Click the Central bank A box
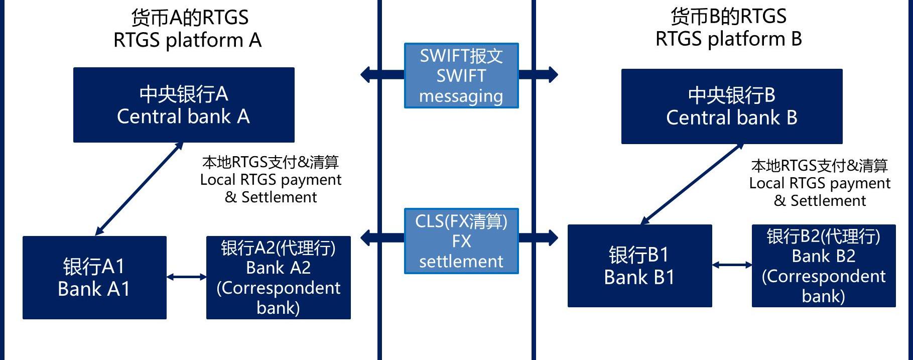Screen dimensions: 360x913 184,105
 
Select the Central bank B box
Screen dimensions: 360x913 731,106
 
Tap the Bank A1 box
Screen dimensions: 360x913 94,277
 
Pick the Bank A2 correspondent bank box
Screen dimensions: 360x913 278,277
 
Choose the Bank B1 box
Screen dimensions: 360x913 639,266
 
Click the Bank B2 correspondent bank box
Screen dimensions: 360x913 823,266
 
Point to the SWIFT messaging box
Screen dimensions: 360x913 461,76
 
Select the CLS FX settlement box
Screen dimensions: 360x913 461,241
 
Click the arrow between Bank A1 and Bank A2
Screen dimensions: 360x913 186,277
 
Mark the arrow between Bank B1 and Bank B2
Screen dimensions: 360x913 732,265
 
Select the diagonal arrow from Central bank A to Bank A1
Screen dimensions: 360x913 139,189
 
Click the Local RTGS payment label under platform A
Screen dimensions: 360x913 271,180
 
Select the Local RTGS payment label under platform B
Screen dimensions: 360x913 820,183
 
